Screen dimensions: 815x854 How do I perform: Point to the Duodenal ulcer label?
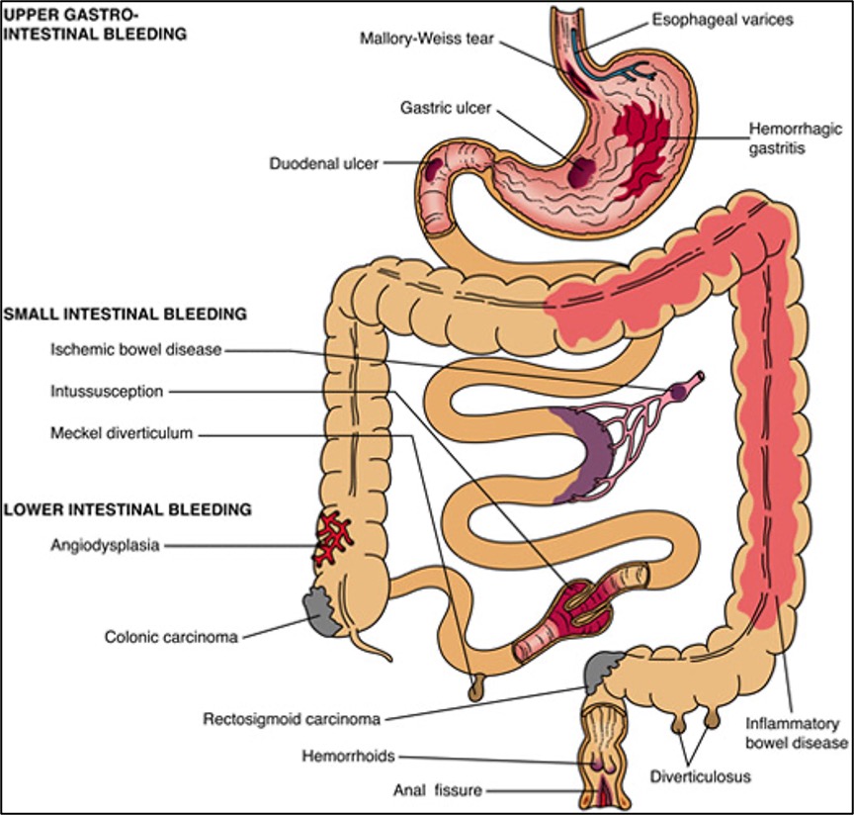(x=324, y=164)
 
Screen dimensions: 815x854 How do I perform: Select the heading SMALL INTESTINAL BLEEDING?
(x=125, y=315)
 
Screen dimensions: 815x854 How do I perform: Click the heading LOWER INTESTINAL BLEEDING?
(x=128, y=510)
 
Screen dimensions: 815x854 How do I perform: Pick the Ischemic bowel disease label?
(x=135, y=348)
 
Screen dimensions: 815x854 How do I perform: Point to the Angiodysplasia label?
(x=106, y=544)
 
